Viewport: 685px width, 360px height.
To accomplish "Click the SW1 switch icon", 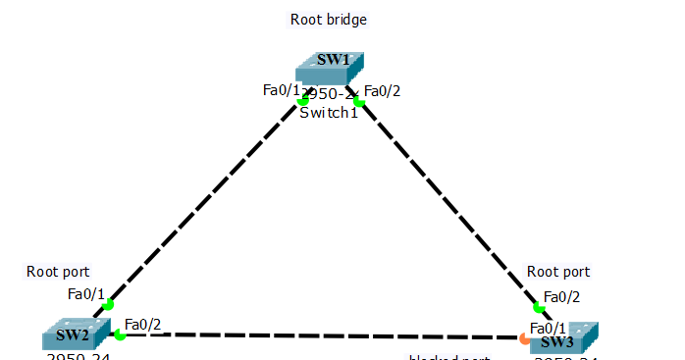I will tap(330, 67).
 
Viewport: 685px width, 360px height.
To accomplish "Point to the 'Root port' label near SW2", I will tap(58, 272).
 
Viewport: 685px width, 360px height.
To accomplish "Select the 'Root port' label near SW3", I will tap(558, 272).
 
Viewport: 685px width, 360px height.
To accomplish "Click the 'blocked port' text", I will tap(449, 357).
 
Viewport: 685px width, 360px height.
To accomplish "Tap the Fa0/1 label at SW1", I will tap(280, 90).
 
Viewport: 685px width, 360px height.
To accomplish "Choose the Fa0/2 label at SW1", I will tap(382, 91).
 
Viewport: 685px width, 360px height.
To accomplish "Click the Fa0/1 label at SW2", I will tap(85, 293).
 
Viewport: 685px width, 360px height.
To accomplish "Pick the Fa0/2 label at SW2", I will tap(142, 325).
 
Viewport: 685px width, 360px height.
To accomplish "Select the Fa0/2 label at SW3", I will tap(562, 296).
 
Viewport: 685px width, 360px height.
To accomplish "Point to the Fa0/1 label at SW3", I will tap(548, 328).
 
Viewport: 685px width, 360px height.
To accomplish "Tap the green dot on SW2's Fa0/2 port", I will tap(120, 335).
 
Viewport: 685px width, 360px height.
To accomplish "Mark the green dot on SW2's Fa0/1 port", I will tap(108, 304).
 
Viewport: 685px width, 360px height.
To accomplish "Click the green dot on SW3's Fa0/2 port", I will tap(538, 308).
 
